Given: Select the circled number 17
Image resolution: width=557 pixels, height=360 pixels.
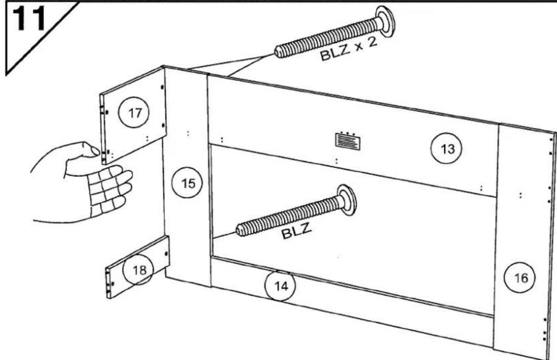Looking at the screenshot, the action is [134, 113].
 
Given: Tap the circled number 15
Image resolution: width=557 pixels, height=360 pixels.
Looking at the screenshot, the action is [188, 183].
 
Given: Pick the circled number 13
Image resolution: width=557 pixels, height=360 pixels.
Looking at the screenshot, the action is [447, 149].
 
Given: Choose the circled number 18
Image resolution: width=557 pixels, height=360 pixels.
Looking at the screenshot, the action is [139, 270].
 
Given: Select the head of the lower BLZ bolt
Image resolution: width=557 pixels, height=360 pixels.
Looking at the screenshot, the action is [347, 200].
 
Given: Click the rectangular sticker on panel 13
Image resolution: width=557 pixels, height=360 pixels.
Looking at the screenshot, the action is [348, 141].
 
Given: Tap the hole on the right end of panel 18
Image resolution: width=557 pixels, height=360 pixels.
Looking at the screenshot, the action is [166, 254].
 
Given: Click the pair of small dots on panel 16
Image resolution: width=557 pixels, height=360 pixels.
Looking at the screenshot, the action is [521, 195].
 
